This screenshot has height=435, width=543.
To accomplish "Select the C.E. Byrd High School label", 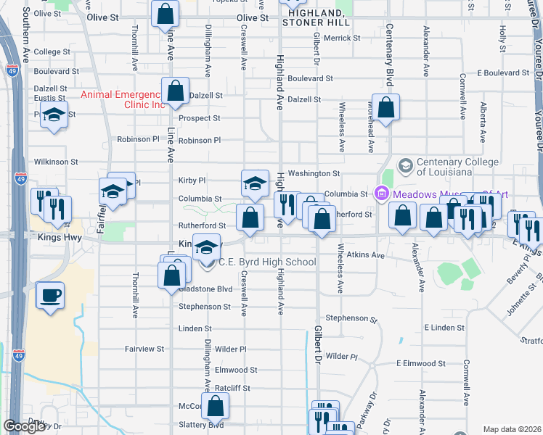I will (x=267, y=262).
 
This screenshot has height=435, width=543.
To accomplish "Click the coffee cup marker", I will (x=50, y=295).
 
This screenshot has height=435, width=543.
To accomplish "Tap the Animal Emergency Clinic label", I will (x=123, y=99).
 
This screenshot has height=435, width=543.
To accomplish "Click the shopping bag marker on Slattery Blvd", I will (x=216, y=407).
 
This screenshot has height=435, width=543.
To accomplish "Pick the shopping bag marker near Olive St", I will (x=166, y=13).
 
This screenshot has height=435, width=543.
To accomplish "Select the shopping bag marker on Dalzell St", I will (x=175, y=91).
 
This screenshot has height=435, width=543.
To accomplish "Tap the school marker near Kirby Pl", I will (x=255, y=183).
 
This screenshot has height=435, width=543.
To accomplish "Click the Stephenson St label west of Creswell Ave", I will (x=205, y=307).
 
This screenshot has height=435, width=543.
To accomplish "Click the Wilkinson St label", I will (x=55, y=162).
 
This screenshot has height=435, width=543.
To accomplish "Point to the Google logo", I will (x=25, y=426).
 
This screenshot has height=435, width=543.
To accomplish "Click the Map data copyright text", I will (x=512, y=429).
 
